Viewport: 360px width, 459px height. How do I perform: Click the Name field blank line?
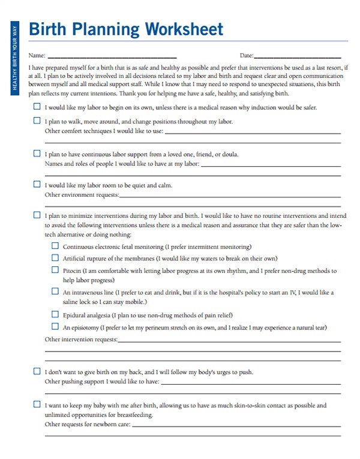(112, 56)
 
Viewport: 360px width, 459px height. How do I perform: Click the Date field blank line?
(301, 56)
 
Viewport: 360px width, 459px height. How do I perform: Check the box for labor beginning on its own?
(37, 107)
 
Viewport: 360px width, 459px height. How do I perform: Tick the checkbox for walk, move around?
(37, 121)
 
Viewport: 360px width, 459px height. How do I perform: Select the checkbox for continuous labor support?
(37, 153)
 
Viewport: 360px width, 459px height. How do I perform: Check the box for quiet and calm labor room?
(37, 185)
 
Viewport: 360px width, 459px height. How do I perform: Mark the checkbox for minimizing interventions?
(37, 214)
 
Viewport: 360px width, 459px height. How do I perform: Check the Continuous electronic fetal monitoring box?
(55, 246)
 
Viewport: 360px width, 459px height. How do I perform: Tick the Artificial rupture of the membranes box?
(55, 258)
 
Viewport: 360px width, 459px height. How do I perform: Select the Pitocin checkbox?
(55, 271)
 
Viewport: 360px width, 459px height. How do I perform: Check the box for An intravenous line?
(55, 292)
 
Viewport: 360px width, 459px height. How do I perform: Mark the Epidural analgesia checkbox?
(55, 314)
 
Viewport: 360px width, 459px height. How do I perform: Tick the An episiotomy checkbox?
(55, 327)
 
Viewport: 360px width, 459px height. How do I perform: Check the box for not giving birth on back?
(37, 371)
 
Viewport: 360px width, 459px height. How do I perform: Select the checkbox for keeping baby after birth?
(37, 404)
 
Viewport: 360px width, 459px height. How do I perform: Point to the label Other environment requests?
(82, 195)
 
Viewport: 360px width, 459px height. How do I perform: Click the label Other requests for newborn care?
(88, 424)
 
